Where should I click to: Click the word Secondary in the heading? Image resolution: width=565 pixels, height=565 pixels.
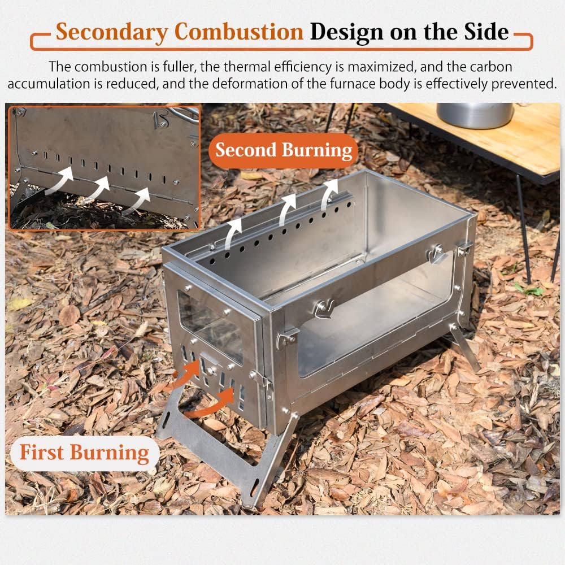point(106,32)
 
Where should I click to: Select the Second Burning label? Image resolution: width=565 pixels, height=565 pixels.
point(284,150)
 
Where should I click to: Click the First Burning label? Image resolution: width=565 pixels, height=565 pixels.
point(84,453)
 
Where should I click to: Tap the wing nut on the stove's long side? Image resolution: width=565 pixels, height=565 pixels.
point(325,308)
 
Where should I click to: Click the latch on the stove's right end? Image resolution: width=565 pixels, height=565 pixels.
point(437,253)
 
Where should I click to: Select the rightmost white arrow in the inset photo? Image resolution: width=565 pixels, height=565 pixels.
point(137,201)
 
